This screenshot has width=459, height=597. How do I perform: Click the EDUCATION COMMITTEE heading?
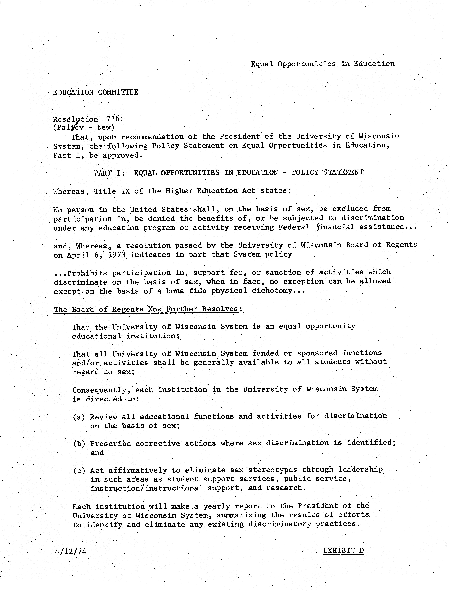click(x=96, y=92)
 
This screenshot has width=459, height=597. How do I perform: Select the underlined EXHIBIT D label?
click(x=343, y=550)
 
